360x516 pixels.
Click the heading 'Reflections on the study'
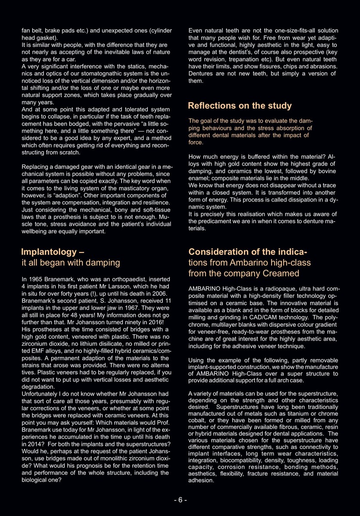(240, 106)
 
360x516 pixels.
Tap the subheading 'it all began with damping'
(71, 262)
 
